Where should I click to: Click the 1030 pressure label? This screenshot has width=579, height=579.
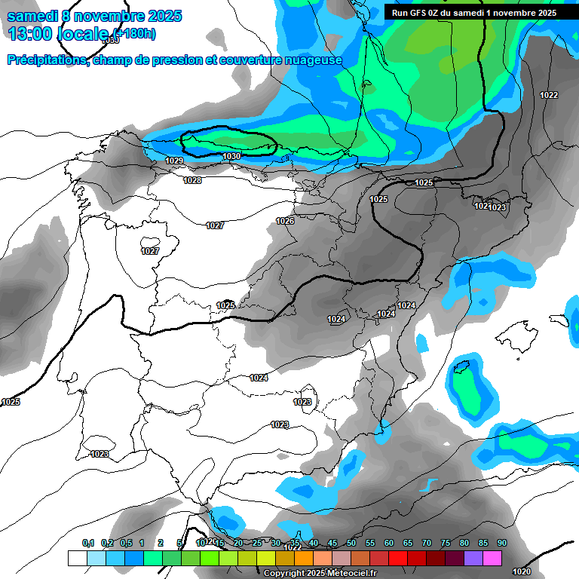coord(231,157)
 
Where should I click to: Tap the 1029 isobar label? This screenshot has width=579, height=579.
coord(174,161)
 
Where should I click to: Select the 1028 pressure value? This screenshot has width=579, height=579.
coord(192,180)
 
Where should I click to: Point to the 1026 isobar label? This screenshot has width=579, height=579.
coord(285,221)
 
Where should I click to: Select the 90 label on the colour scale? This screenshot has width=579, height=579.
coord(501,543)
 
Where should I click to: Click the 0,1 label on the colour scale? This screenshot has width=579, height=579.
coord(87,543)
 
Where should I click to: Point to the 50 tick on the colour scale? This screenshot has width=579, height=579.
coord(351,543)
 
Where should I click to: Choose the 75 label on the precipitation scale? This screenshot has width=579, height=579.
coord(445,543)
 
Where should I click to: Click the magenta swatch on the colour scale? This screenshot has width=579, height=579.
coord(492,558)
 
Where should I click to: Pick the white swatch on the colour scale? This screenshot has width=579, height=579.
coord(77,558)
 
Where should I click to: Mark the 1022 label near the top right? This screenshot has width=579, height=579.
coord(549,95)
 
